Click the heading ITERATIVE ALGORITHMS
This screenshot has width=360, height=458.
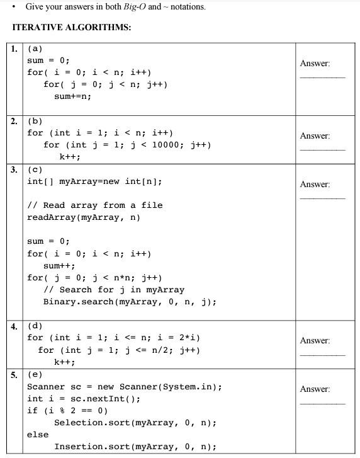click(72, 27)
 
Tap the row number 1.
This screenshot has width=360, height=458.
click(14, 48)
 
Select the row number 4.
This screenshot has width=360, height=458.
click(14, 326)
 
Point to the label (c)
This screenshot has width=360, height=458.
click(35, 169)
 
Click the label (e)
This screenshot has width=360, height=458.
click(35, 374)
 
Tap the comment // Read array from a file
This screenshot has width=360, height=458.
click(95, 205)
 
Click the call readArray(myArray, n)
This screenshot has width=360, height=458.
click(84, 217)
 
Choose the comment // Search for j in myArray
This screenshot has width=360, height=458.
click(114, 290)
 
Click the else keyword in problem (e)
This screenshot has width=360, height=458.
click(38, 435)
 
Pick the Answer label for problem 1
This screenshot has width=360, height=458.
click(315, 64)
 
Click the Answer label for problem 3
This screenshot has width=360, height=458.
click(315, 185)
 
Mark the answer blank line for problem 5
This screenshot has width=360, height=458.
click(322, 403)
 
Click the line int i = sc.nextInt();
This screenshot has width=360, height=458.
click(84, 399)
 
